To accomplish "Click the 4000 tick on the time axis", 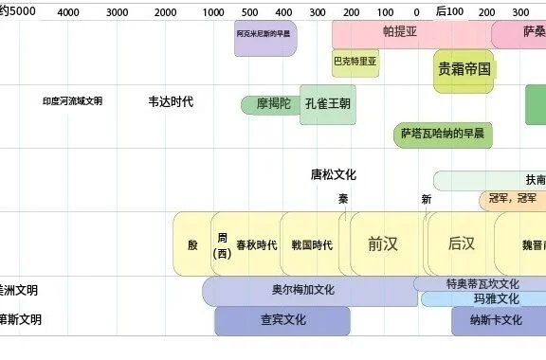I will pyautogui.click(x=68, y=12).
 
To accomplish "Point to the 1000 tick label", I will pyautogui.click(x=212, y=12).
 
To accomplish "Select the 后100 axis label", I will pyautogui.click(x=450, y=11).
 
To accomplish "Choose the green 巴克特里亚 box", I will pyautogui.click(x=355, y=63).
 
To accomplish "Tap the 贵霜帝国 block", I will pyautogui.click(x=464, y=70).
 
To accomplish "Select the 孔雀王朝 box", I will pyautogui.click(x=327, y=103).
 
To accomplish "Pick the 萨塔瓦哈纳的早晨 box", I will pyautogui.click(x=443, y=134).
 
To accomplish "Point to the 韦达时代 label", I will pyautogui.click(x=171, y=101).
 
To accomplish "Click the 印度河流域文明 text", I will pyautogui.click(x=73, y=101).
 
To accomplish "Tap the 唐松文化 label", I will pyautogui.click(x=333, y=174).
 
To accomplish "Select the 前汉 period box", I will pyautogui.click(x=383, y=243).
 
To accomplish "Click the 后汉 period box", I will pyautogui.click(x=462, y=243).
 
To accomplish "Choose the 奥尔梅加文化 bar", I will pyautogui.click(x=309, y=290).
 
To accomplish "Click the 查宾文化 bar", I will pyautogui.click(x=282, y=320).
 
